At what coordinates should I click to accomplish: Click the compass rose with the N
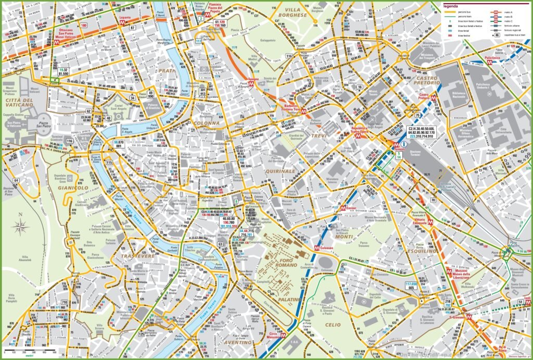pos(21,225)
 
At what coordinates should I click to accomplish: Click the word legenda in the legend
pos(451,6)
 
